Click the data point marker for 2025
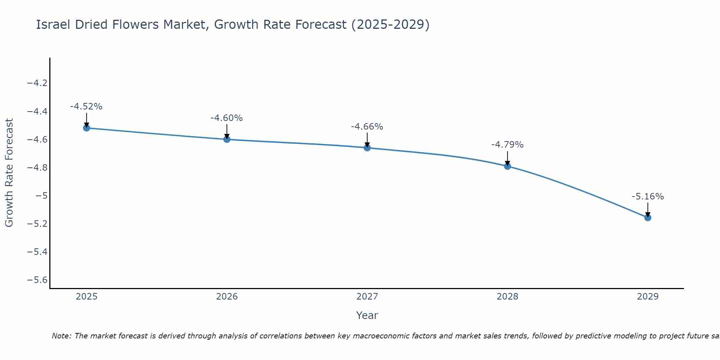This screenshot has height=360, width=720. tap(86, 128)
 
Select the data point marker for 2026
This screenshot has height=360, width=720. tap(227, 139)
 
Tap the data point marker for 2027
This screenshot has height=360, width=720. tap(367, 148)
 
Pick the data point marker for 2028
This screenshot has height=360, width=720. tap(507, 166)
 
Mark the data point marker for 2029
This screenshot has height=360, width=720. tap(648, 218)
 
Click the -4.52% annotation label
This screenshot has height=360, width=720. tap(86, 107)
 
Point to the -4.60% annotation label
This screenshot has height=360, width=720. tap(226, 118)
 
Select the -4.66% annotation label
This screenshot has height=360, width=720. tap(367, 127)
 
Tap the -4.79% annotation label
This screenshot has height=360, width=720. tap(507, 145)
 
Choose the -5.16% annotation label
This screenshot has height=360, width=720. tap(648, 197)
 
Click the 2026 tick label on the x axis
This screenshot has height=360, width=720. tap(227, 297)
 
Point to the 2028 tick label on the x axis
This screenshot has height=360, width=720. tap(507, 297)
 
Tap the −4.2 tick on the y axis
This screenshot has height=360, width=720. tap(37, 83)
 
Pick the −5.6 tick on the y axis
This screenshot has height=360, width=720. tap(37, 280)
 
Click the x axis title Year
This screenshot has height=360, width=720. tap(367, 315)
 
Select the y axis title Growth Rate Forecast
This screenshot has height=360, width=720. tap(9, 173)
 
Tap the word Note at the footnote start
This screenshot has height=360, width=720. tap(62, 336)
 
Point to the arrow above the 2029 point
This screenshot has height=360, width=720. tap(648, 210)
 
